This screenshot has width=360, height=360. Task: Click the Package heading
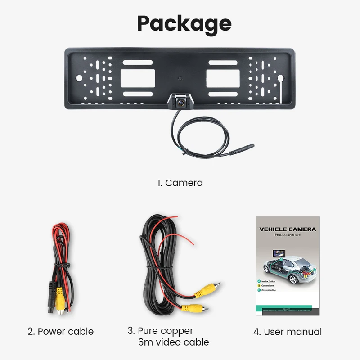click(184, 23)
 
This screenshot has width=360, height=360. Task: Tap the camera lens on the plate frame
click(180, 103)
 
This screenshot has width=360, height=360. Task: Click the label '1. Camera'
click(180, 183)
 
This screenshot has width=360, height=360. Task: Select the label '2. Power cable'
click(61, 332)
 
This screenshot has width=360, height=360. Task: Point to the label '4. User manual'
click(288, 332)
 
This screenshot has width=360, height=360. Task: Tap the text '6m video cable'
click(173, 342)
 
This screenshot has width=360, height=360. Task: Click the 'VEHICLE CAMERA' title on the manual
click(288, 229)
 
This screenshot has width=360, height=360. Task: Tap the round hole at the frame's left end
click(79, 77)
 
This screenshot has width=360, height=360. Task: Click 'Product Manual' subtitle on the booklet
click(288, 235)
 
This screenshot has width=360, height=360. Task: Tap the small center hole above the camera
click(180, 77)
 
